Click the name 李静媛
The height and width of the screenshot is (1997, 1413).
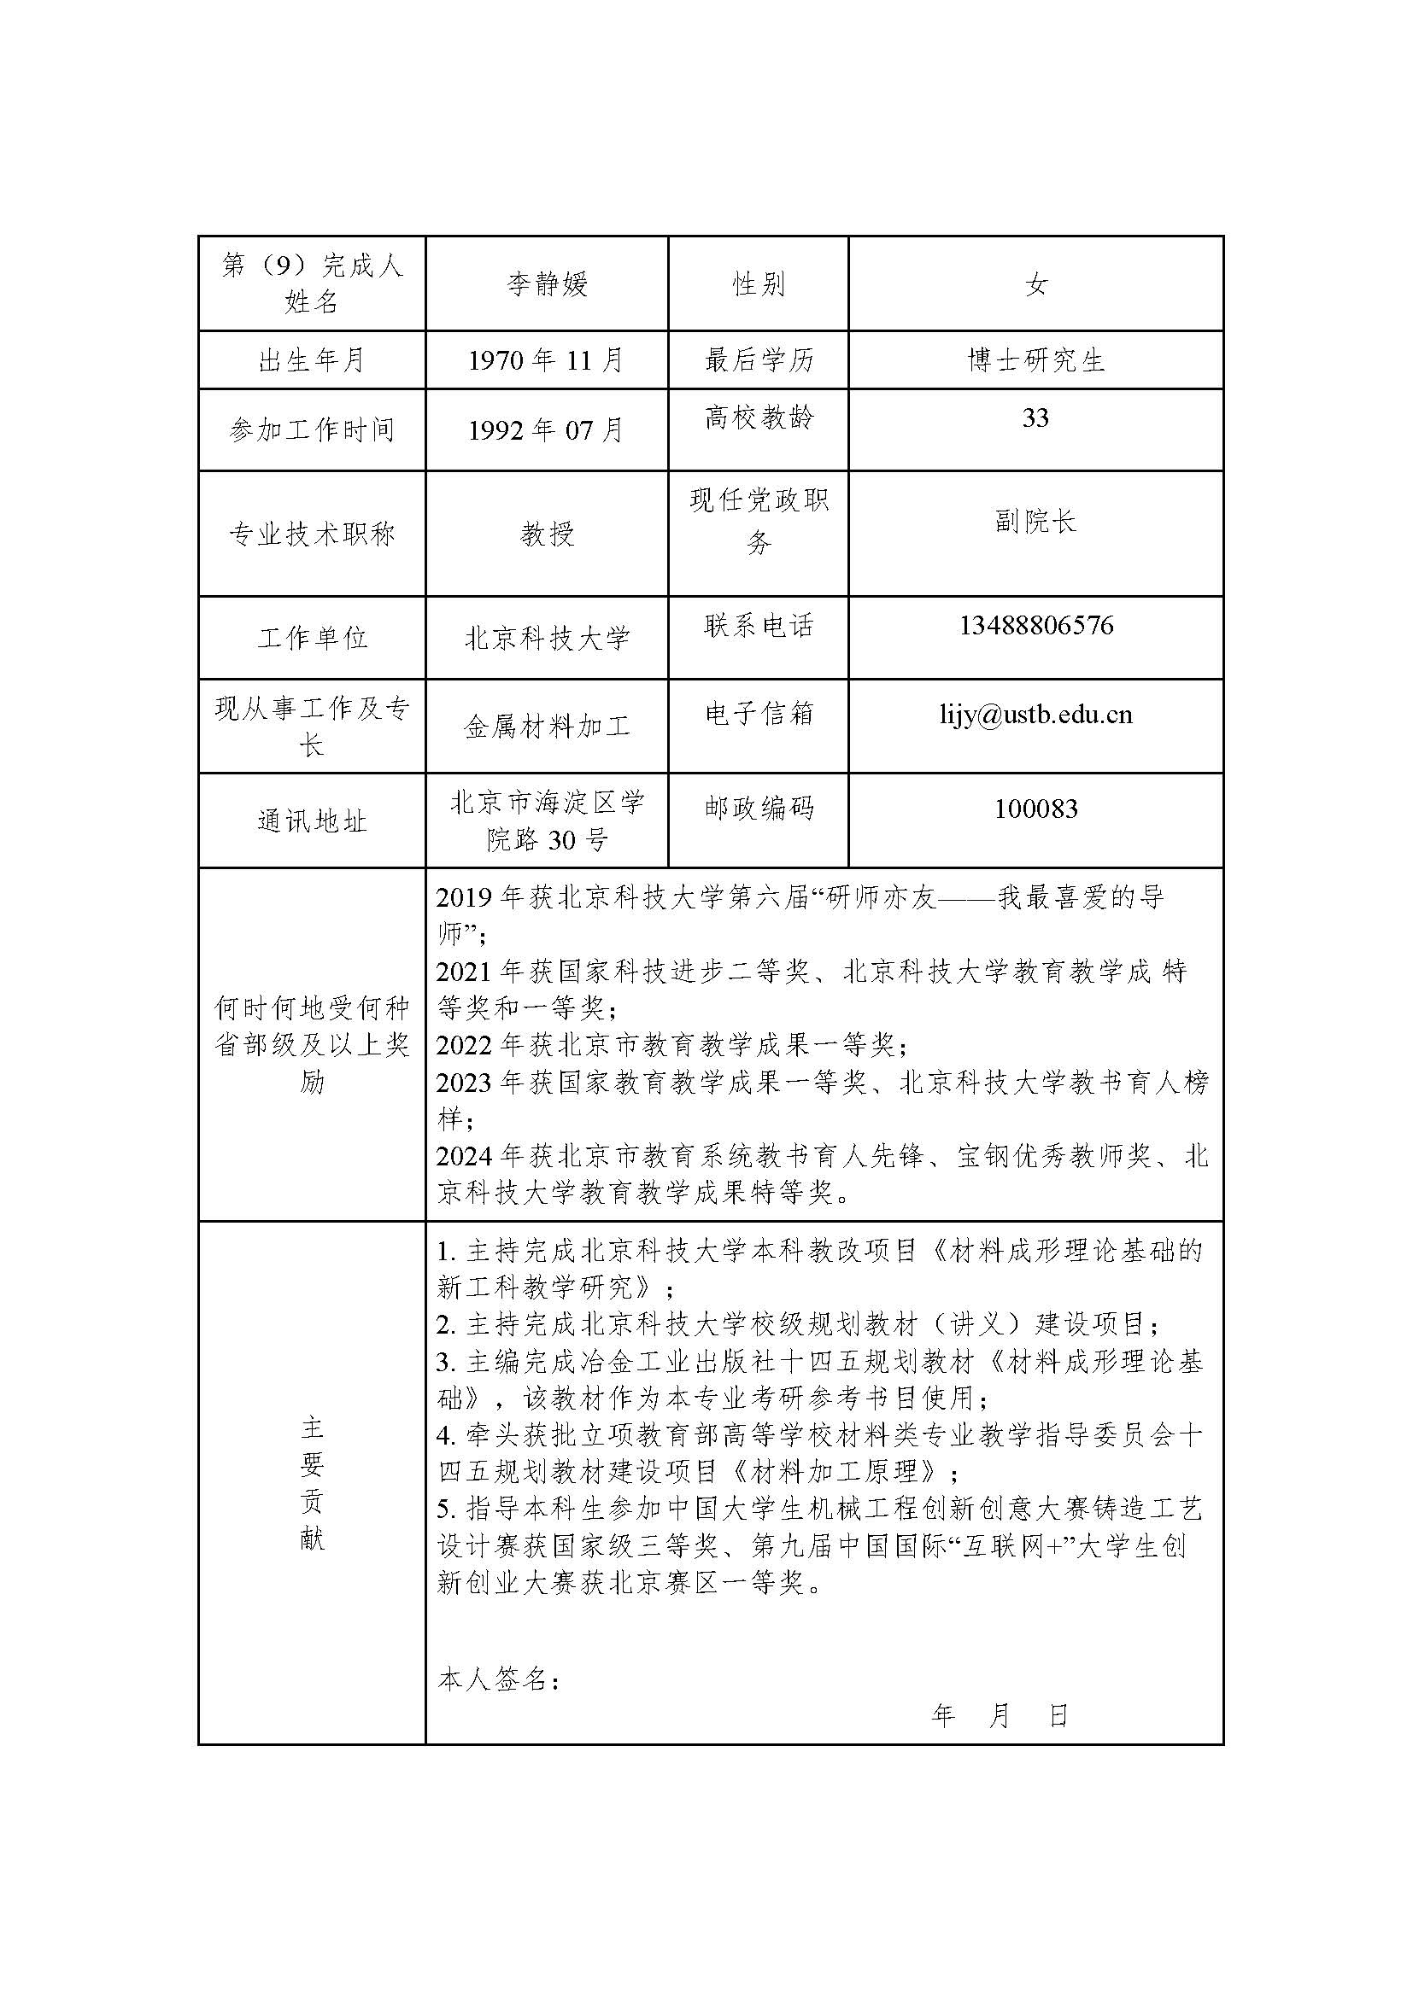pos(547,283)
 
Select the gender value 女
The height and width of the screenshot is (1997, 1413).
pos(1035,283)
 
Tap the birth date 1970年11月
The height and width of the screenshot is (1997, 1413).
pos(547,359)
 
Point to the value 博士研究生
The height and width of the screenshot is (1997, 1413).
pos(1035,359)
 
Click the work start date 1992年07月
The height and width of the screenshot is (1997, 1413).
pos(547,429)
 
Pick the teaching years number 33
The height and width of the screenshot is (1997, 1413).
pos(1035,418)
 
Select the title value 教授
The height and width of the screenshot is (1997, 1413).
pos(547,533)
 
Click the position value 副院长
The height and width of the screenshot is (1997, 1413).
pos(1035,521)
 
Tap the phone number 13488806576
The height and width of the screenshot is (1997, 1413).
pos(1035,625)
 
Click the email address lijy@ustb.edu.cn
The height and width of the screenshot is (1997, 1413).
pos(1035,714)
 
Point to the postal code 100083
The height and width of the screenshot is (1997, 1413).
pos(1035,809)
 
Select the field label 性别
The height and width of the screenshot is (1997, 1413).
pos(758,283)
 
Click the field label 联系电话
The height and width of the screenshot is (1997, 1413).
pos(758,625)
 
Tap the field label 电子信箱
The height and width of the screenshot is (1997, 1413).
pos(758,713)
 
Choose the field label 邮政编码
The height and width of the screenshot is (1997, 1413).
pos(758,808)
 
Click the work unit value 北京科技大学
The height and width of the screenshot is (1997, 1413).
pos(547,639)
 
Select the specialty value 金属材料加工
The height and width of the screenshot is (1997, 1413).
pos(547,727)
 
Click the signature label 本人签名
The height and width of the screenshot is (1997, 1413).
pos(497,1679)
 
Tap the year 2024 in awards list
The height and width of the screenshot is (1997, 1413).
pos(466,1156)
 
